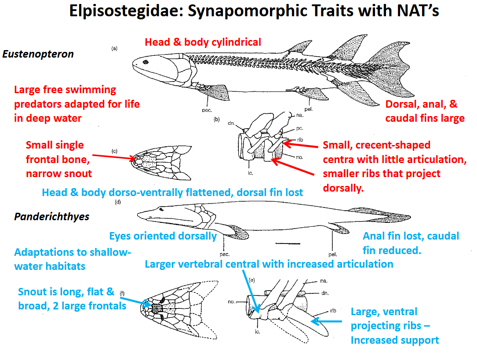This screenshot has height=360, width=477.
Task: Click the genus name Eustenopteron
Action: (38, 55)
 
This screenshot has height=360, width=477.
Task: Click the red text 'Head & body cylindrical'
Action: (203, 42)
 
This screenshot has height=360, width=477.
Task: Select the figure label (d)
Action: (118, 203)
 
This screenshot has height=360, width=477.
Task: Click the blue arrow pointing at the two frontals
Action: (139, 302)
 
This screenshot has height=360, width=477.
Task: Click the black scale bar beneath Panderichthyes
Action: (288, 243)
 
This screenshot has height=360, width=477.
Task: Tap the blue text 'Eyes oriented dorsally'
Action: (163, 236)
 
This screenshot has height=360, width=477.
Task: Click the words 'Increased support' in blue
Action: (395, 340)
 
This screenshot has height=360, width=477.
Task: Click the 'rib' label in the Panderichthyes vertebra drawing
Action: (333, 311)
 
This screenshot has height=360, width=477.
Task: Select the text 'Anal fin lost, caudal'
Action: (411, 236)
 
